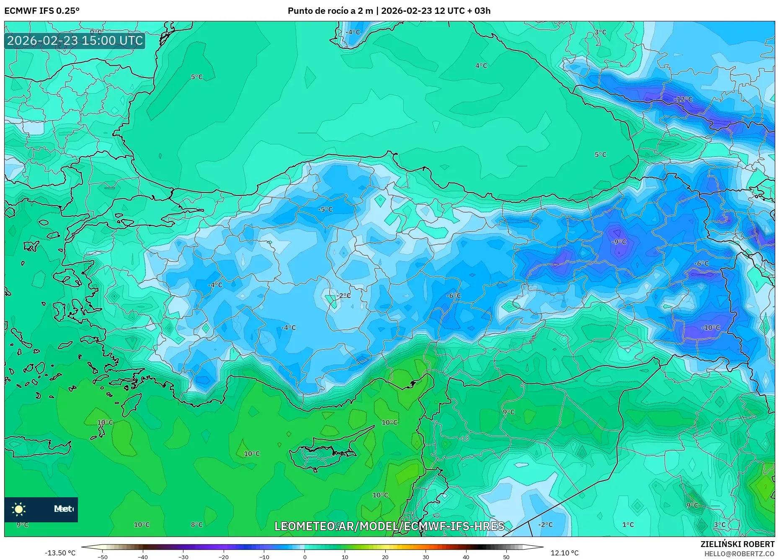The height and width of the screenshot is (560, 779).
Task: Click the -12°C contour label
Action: pyautogui.click(x=683, y=99)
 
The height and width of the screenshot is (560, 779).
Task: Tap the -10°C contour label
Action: pyautogui.click(x=711, y=328)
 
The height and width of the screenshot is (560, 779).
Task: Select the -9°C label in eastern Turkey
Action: pyautogui.click(x=619, y=242)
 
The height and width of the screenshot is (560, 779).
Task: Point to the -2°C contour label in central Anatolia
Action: pyautogui.click(x=343, y=295)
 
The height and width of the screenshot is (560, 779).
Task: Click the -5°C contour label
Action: pyautogui.click(x=325, y=209)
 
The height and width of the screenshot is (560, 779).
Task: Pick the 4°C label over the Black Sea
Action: pyautogui.click(x=481, y=66)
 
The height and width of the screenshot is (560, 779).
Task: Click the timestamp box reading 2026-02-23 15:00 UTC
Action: pyautogui.click(x=75, y=41)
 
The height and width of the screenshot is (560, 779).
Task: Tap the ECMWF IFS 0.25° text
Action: pyautogui.click(x=42, y=11)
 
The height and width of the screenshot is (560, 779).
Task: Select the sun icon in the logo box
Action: pyautogui.click(x=19, y=509)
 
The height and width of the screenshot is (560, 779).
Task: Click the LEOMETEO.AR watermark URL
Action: pyautogui.click(x=389, y=526)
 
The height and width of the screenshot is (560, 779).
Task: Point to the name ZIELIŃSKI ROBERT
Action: pyautogui.click(x=737, y=544)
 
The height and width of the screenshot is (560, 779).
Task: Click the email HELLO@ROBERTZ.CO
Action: pyautogui.click(x=739, y=554)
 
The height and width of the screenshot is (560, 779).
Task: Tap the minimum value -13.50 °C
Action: pyautogui.click(x=60, y=553)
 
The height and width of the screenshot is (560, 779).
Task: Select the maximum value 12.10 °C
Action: pyautogui.click(x=565, y=553)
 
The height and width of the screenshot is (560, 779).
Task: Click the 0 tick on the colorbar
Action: pyautogui.click(x=305, y=557)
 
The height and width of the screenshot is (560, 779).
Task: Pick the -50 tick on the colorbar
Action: pyautogui.click(x=103, y=557)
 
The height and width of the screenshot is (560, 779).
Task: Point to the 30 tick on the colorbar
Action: pyautogui.click(x=426, y=557)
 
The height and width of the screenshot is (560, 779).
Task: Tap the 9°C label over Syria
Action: pyautogui.click(x=508, y=412)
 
